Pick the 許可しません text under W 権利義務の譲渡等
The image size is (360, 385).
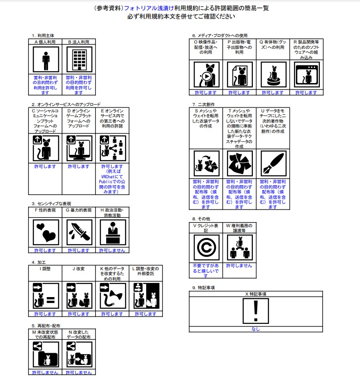point(240,265)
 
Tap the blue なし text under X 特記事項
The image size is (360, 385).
point(256,329)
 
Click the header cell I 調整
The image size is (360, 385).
point(45,269)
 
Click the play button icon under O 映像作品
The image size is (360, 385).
point(206,77)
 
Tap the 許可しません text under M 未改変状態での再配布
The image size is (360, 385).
point(45,372)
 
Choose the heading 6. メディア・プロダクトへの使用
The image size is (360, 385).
point(220,36)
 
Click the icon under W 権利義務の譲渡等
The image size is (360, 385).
point(240,248)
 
